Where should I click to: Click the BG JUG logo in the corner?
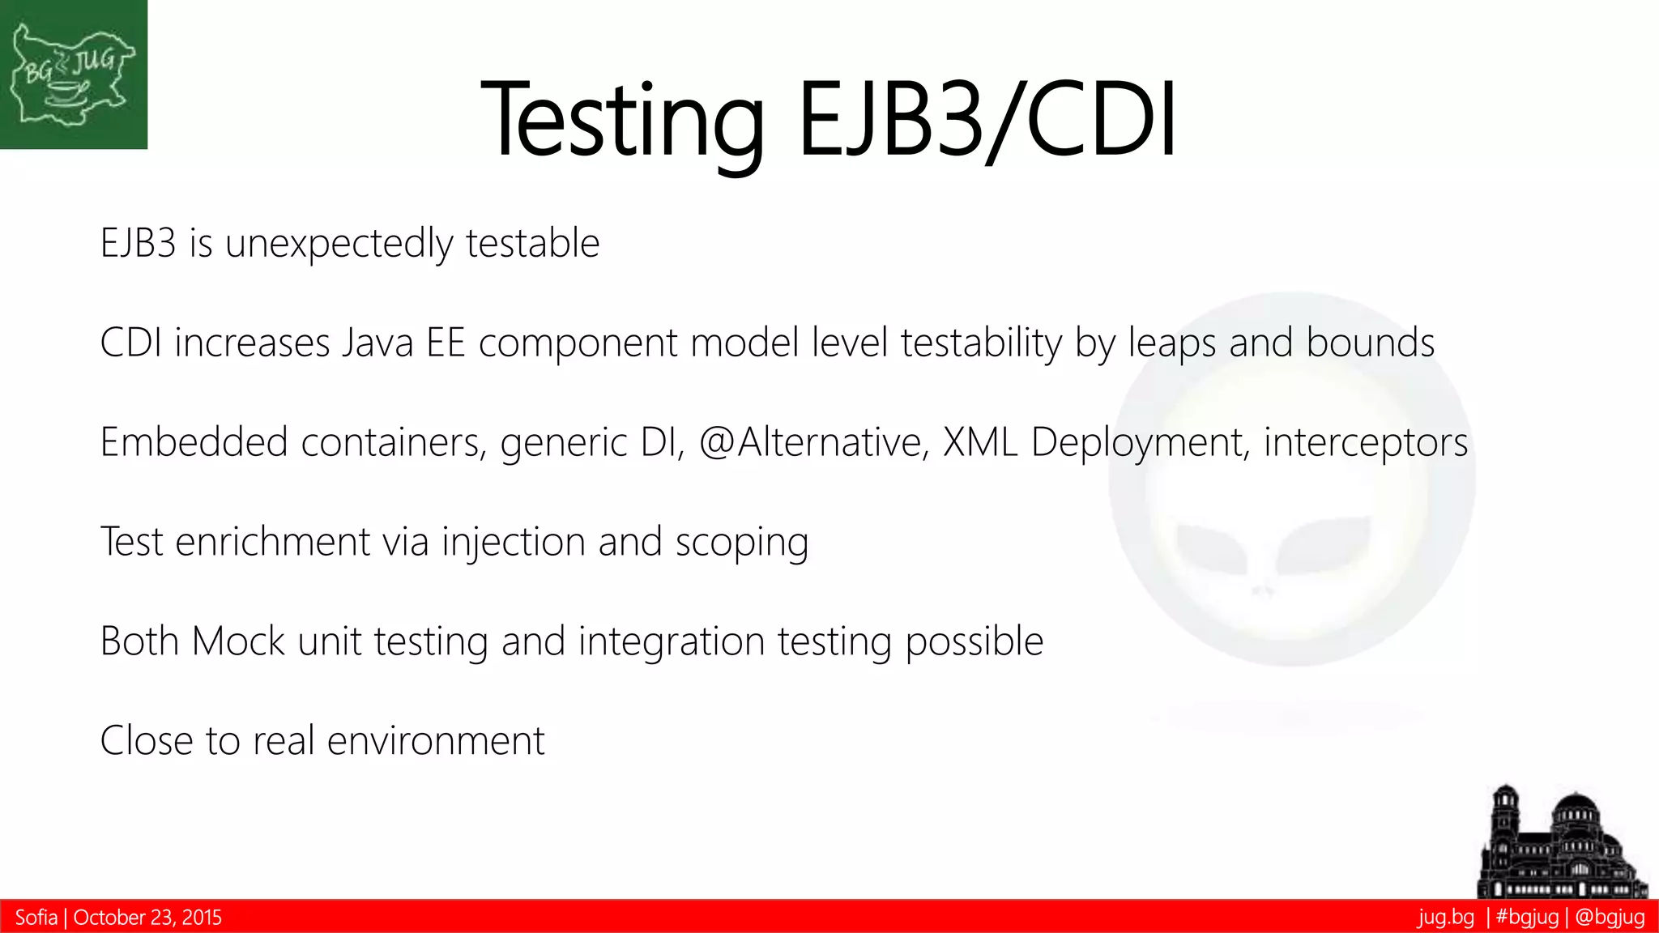click(x=73, y=75)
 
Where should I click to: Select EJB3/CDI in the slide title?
click(x=987, y=120)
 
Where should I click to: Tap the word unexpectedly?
click(x=339, y=244)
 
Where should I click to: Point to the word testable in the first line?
click(x=532, y=243)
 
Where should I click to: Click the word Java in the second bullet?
click(x=377, y=343)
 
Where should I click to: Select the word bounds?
click(x=1370, y=343)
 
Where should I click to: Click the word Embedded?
click(x=194, y=442)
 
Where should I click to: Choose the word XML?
click(x=980, y=442)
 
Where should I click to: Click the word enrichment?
click(x=273, y=542)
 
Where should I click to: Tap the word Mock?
click(x=238, y=641)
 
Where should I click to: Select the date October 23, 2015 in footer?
click(x=147, y=918)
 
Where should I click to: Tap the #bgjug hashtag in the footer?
click(x=1527, y=918)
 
